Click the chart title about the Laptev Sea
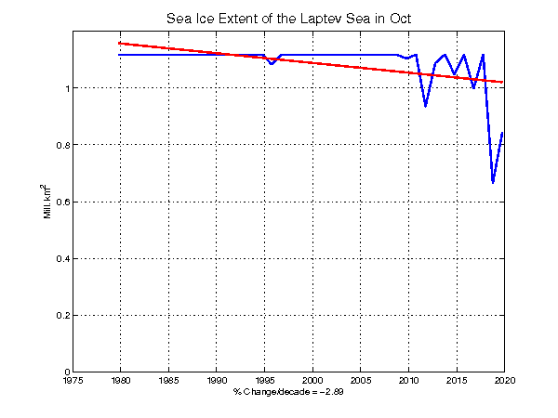click(289, 19)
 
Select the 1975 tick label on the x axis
click(73, 380)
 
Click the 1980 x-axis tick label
click(121, 380)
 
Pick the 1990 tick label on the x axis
click(217, 380)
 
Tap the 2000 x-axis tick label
click(312, 380)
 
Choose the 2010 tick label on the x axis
click(407, 380)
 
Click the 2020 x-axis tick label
click(503, 380)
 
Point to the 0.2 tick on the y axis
click(58, 316)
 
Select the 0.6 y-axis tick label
click(58, 202)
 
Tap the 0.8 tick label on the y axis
click(58, 145)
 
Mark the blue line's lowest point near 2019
click(493, 182)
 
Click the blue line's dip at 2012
click(426, 106)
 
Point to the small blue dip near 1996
click(271, 63)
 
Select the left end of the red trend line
click(121, 43)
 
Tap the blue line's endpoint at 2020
click(503, 133)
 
